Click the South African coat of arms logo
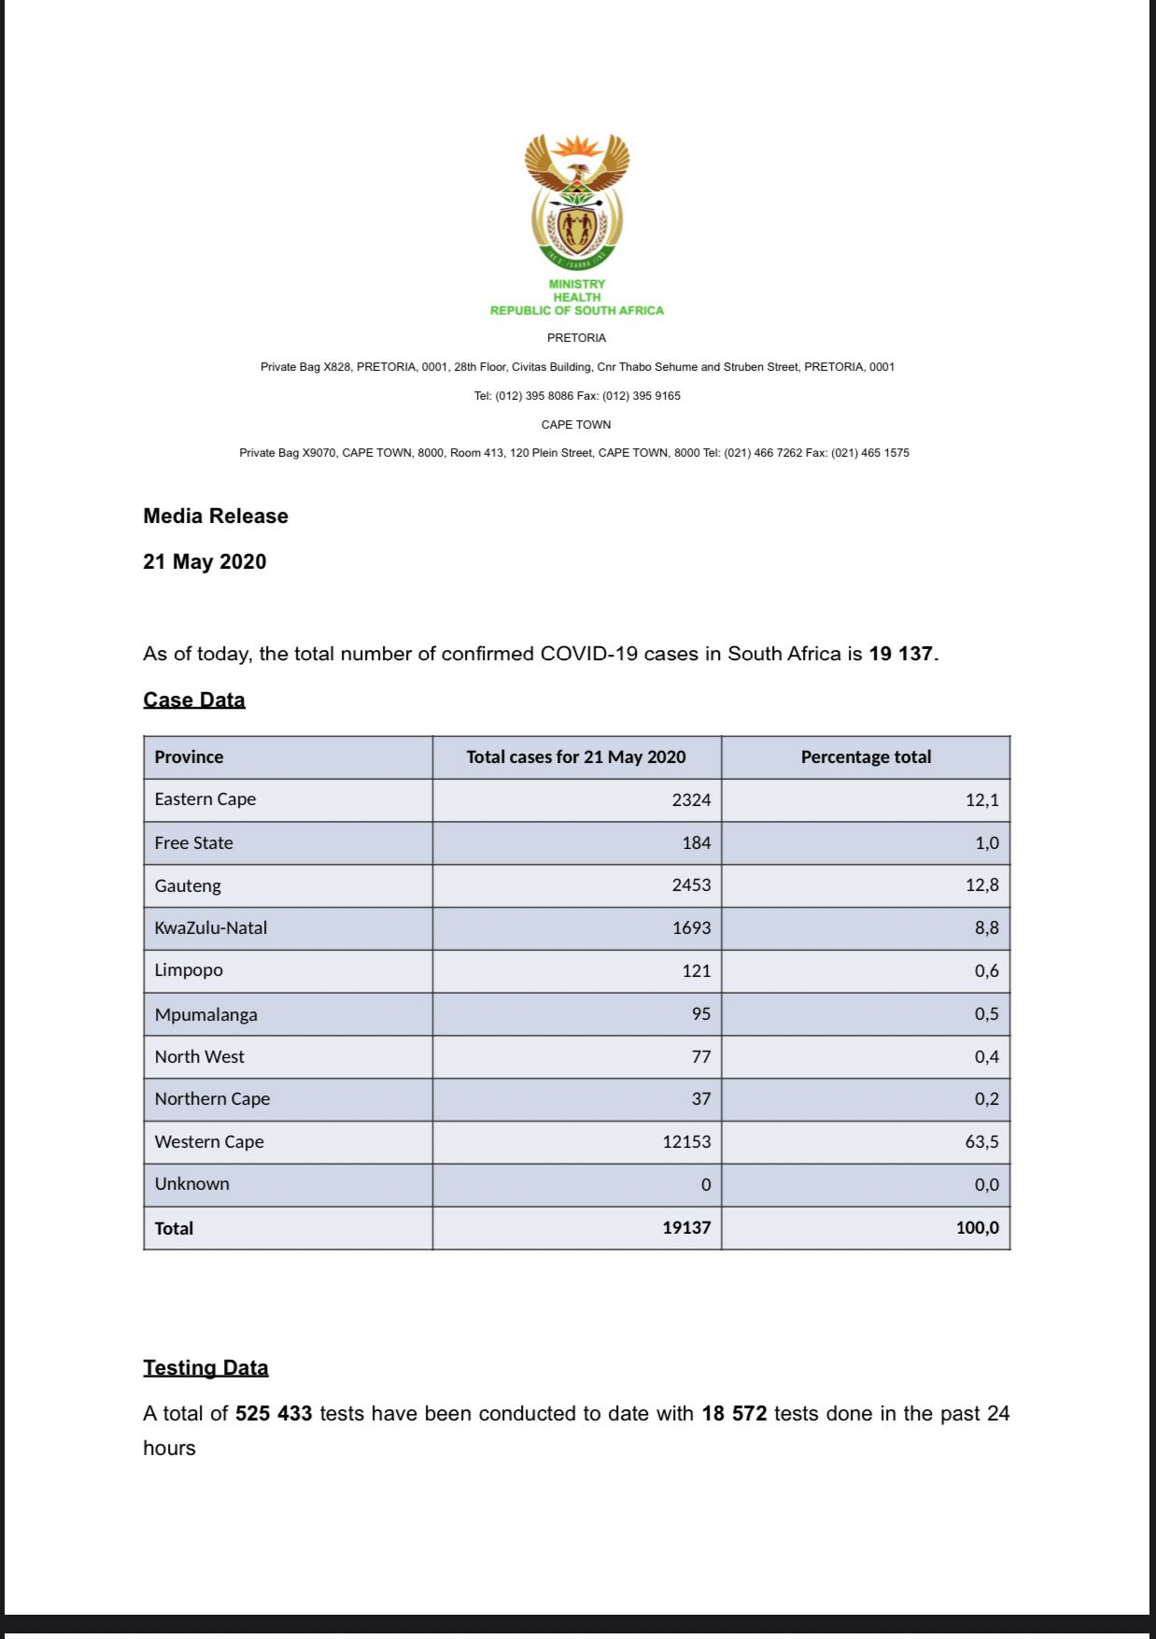pyautogui.click(x=577, y=201)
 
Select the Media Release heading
pyautogui.click(x=216, y=516)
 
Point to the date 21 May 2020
pyautogui.click(x=204, y=562)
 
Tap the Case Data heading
pyautogui.click(x=194, y=700)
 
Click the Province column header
pyautogui.click(x=189, y=757)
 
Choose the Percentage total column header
pyautogui.click(x=866, y=757)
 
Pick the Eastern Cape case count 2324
pyautogui.click(x=691, y=800)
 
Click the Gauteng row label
pyautogui.click(x=188, y=886)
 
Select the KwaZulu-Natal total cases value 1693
pyautogui.click(x=691, y=928)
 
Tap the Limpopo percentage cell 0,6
pyautogui.click(x=986, y=971)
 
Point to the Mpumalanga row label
pyautogui.click(x=205, y=1015)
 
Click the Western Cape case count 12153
pyautogui.click(x=686, y=1142)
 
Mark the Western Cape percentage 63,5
pyautogui.click(x=981, y=1142)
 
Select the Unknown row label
pyautogui.click(x=191, y=1184)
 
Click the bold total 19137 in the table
pyautogui.click(x=686, y=1228)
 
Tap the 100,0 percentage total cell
pyautogui.click(x=977, y=1228)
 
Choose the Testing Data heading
pyautogui.click(x=205, y=1368)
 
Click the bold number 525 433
pyautogui.click(x=274, y=1414)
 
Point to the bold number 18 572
pyautogui.click(x=734, y=1414)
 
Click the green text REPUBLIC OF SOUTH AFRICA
pyautogui.click(x=577, y=311)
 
